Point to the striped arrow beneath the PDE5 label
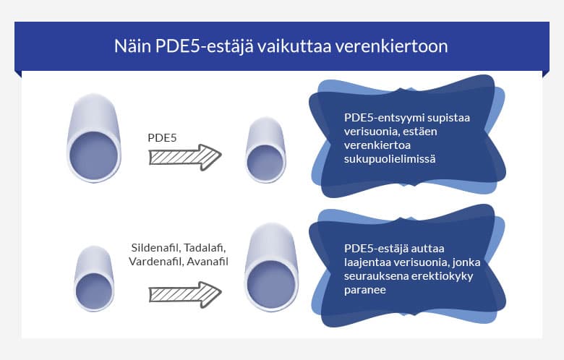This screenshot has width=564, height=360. pos(184,157)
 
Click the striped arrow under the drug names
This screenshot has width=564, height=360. pos(184,294)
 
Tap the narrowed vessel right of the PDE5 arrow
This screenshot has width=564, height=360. pos(264,152)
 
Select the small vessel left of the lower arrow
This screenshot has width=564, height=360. pos(94,279)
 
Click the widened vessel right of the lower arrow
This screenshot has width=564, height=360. pos(271,268)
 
